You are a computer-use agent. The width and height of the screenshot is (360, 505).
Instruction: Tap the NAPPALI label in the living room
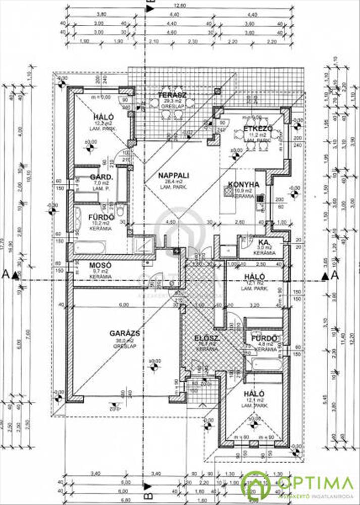[x=173, y=175]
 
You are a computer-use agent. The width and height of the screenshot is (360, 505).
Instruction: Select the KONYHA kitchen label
[x=243, y=185]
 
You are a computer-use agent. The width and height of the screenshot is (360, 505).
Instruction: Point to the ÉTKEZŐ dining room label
[x=258, y=129]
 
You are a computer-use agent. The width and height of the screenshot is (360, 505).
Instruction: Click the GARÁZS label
[x=124, y=333]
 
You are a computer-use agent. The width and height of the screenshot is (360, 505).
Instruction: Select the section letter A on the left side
[x=6, y=274]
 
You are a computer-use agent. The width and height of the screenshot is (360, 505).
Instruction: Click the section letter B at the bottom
[x=148, y=487]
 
